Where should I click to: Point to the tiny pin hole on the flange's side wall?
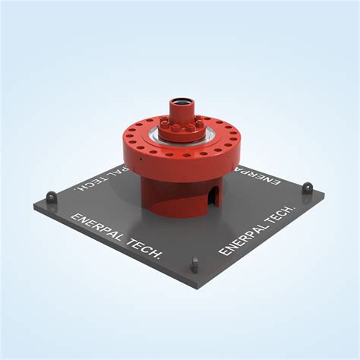[141, 159]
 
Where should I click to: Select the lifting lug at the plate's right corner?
[308, 188]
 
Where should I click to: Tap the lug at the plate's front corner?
[194, 264]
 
